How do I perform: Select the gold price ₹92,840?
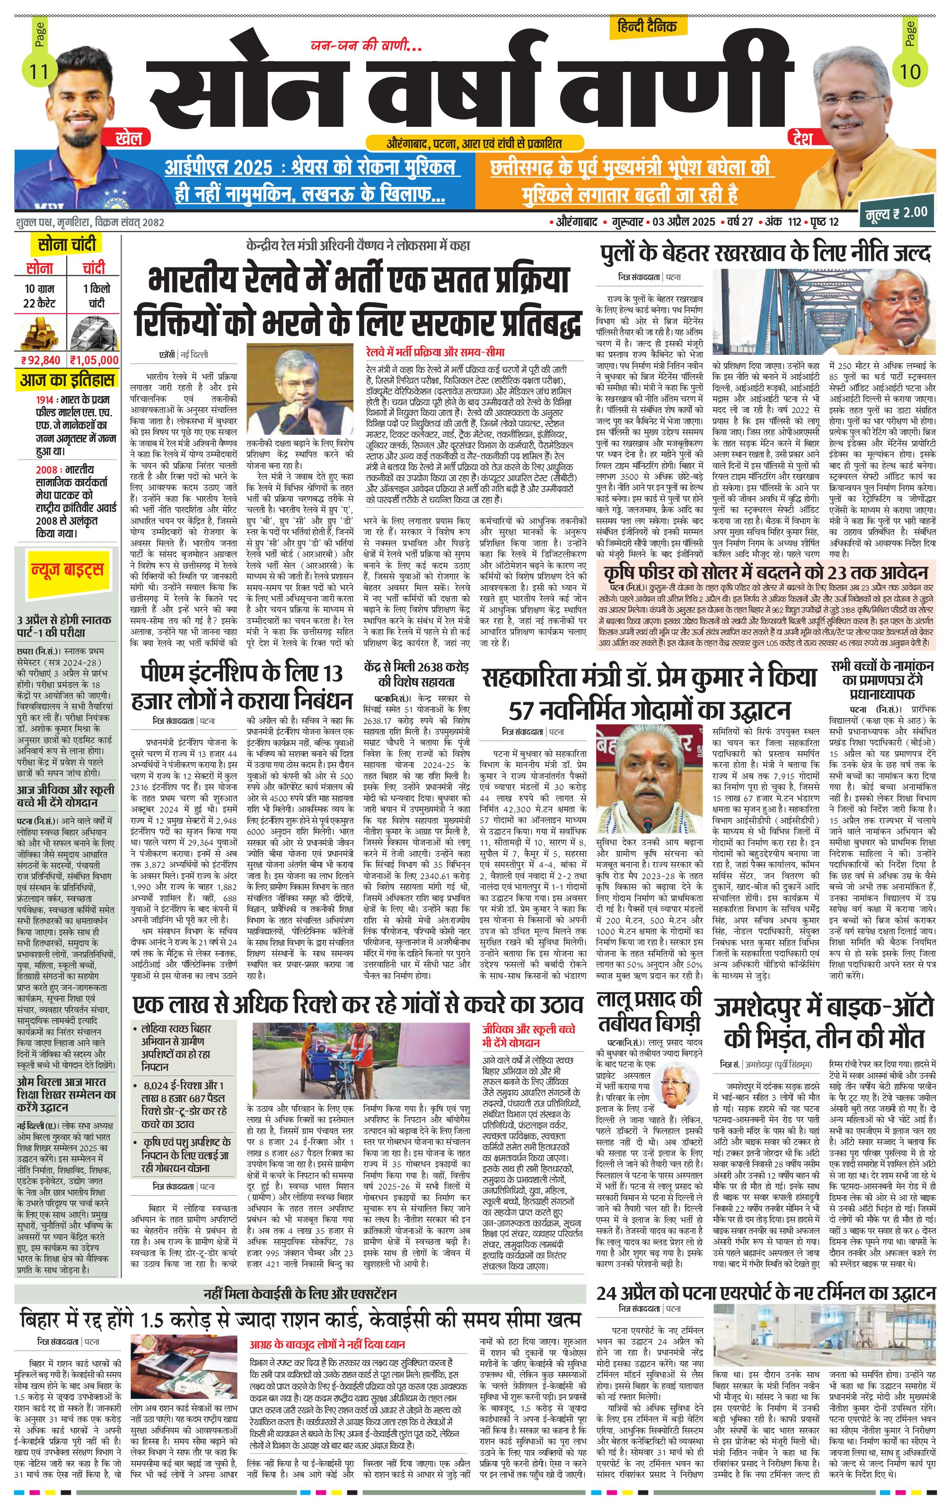click(x=41, y=360)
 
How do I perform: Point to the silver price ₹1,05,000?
click(x=94, y=360)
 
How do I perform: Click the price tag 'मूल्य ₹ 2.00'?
click(x=894, y=212)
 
